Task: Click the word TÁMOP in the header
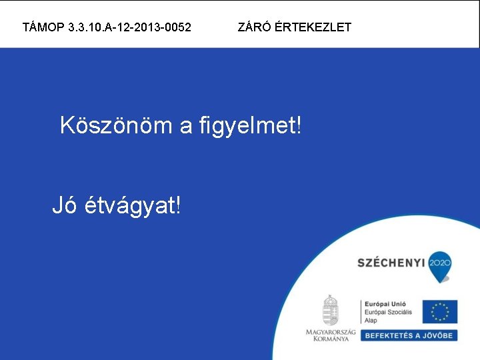[43, 27]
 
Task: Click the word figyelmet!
[250, 125]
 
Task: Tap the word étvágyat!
[133, 207]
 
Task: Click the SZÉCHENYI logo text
[391, 263]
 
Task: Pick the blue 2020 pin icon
[440, 262]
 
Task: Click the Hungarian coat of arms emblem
[331, 310]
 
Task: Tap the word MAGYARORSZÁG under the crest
[331, 331]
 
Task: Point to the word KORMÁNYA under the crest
[331, 339]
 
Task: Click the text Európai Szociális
[388, 312]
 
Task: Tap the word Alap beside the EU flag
[371, 320]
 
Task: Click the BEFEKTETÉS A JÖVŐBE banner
[409, 335]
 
